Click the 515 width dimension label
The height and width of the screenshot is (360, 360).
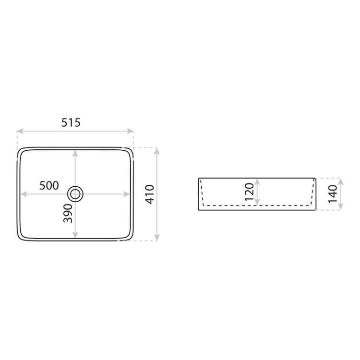tap(71, 122)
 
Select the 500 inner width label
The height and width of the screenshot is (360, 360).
tap(49, 185)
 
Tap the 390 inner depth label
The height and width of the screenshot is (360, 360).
tap(68, 213)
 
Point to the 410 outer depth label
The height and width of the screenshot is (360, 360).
tap(150, 194)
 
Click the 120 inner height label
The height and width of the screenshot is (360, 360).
tap(249, 192)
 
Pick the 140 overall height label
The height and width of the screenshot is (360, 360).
tap(333, 194)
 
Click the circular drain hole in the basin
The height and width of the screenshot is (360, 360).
tap(75, 194)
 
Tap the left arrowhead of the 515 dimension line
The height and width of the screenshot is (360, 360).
tap(20, 131)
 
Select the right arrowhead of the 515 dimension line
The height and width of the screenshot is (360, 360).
tap(131, 131)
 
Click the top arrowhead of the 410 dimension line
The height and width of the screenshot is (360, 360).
tap(157, 151)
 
